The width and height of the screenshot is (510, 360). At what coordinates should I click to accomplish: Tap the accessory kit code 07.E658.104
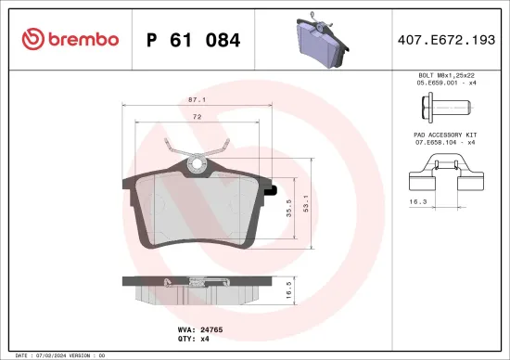430,144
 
